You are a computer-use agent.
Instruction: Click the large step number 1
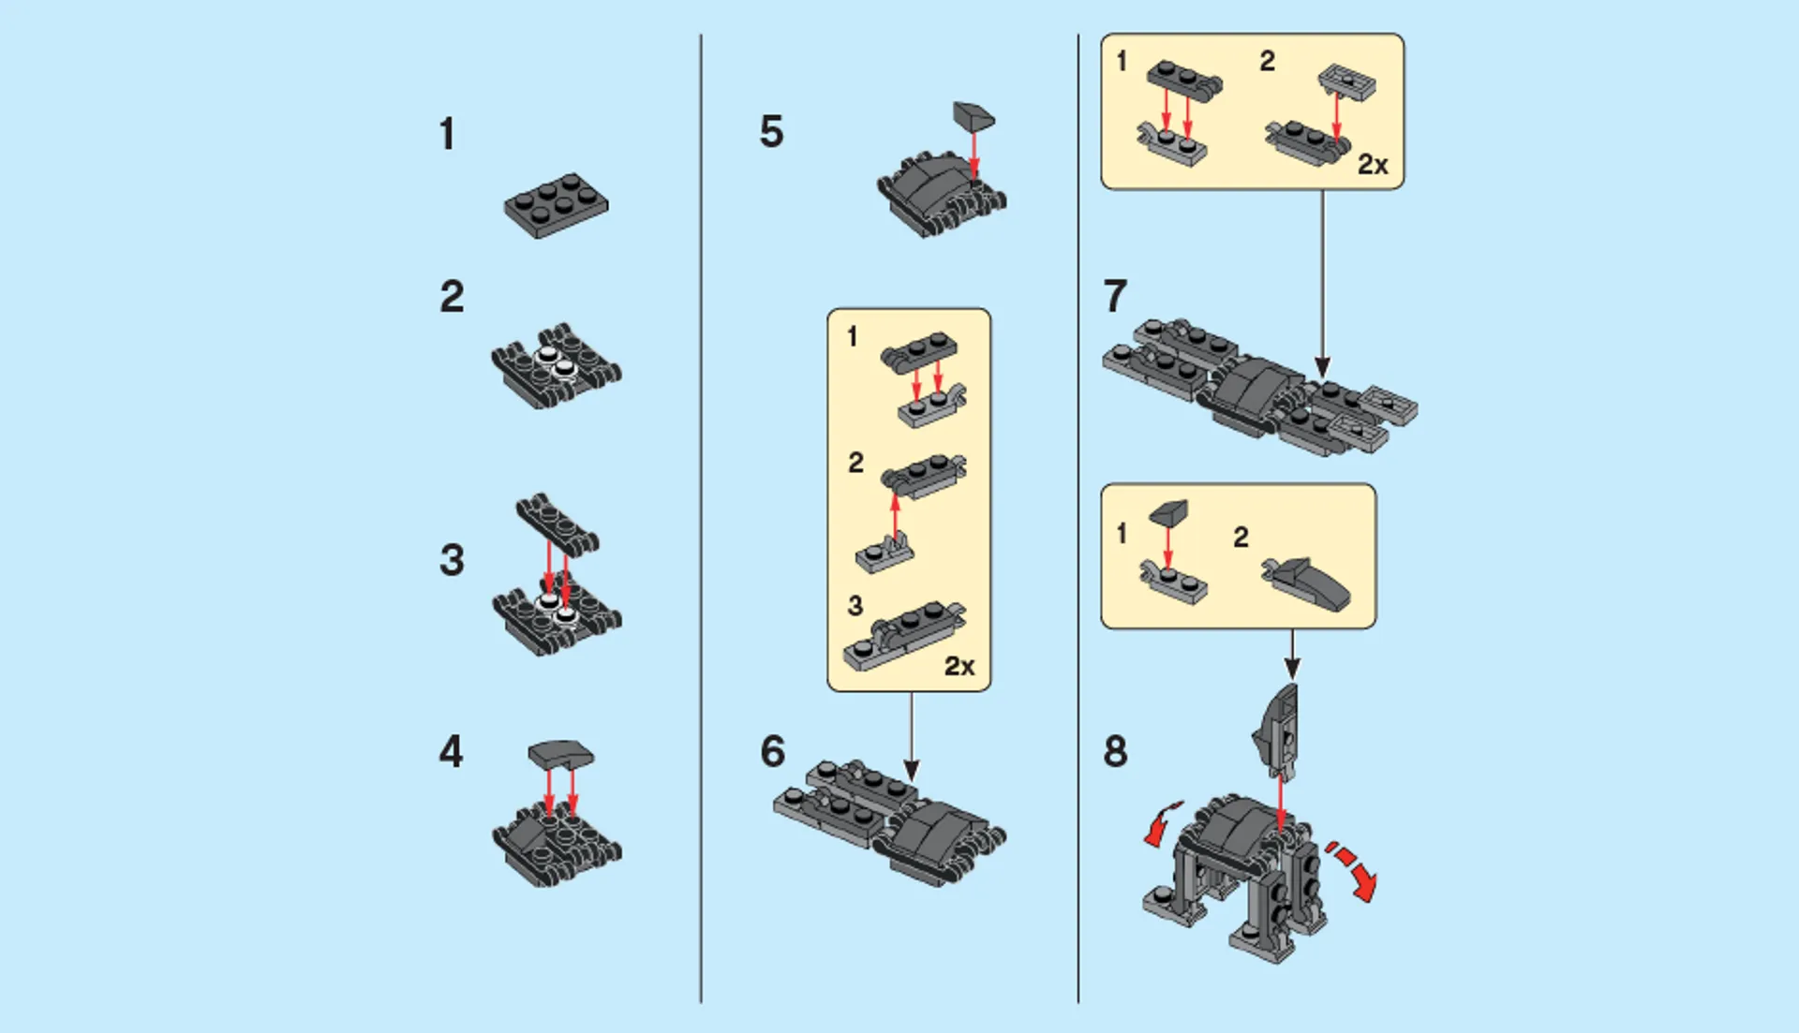[x=448, y=135]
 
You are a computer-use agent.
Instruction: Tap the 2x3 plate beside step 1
[x=556, y=204]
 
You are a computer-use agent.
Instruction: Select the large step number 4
[x=451, y=752]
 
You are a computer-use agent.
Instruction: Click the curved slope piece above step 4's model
[x=560, y=754]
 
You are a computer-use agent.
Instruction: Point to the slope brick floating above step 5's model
[x=974, y=117]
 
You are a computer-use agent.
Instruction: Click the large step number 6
[x=773, y=752]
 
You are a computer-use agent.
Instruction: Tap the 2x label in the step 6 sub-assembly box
[x=959, y=666]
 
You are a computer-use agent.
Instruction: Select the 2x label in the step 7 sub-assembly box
[x=1373, y=165]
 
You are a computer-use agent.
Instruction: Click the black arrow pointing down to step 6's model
[x=911, y=740]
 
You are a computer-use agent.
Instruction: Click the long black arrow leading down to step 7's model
[x=1322, y=281]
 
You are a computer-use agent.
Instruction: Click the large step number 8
[x=1115, y=752]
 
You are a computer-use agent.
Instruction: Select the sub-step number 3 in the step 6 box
[x=855, y=606]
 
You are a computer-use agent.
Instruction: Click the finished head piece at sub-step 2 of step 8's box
[x=1307, y=583]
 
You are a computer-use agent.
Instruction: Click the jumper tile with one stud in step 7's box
[x=1346, y=82]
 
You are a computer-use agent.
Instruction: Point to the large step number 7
[x=1115, y=297]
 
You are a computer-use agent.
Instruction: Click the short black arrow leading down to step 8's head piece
[x=1292, y=655]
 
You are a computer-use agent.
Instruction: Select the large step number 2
[x=452, y=298]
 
